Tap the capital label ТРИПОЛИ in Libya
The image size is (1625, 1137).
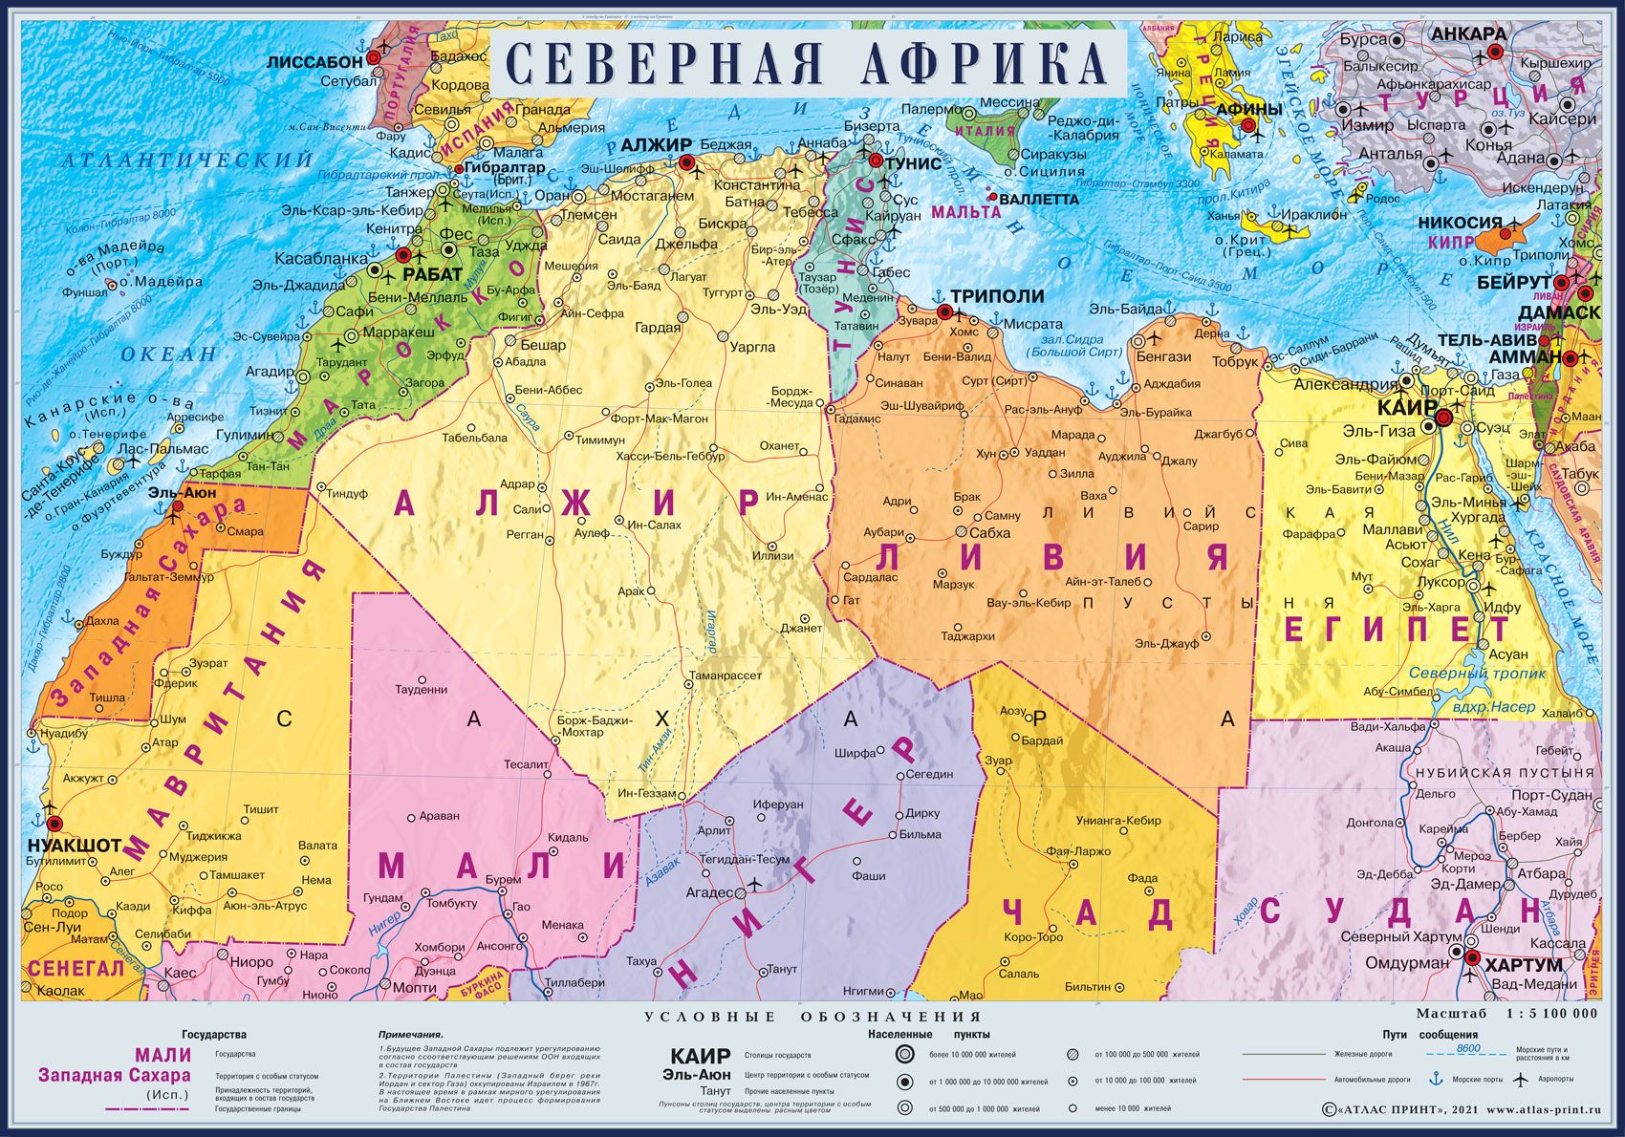tap(997, 296)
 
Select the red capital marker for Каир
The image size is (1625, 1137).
tap(1443, 418)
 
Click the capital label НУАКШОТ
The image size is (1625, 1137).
tap(75, 845)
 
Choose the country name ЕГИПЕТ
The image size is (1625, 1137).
tap(1397, 629)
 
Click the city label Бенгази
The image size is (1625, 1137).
tap(1164, 355)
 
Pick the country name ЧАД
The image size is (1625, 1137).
tap(1087, 913)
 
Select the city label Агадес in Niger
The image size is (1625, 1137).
tap(709, 892)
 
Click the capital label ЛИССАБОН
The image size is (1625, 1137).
tap(314, 61)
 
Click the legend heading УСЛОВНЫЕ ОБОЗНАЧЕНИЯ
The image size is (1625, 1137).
tap(812, 1017)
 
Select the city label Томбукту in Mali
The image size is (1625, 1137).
tap(451, 903)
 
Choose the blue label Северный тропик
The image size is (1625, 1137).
tap(1477, 673)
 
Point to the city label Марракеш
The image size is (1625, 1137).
tap(398, 332)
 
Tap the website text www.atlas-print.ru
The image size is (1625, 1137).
tap(1543, 1110)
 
